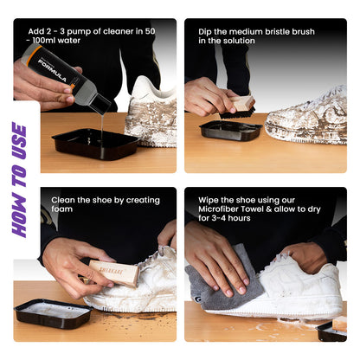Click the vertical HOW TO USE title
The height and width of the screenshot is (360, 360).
point(19,179)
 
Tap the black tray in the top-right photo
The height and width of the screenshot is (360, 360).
point(229,130)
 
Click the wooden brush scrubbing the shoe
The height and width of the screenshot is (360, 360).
point(115,273)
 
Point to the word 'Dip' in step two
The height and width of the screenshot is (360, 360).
point(206,31)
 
